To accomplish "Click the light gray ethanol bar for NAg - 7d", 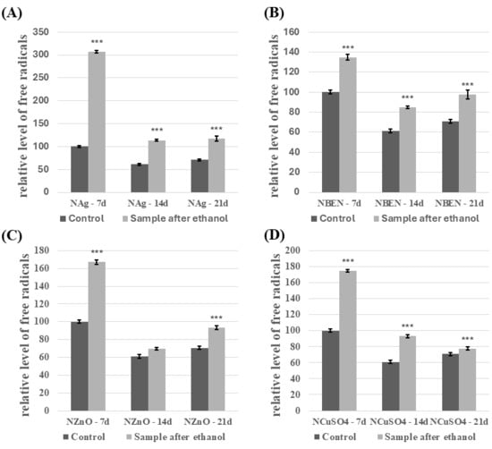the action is point(97,122).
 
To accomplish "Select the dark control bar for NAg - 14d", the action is point(140,178).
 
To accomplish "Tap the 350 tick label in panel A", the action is point(41,32).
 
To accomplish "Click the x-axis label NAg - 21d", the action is point(208,203).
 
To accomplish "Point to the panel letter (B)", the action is point(274,13).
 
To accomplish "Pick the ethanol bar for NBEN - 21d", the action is point(468,143).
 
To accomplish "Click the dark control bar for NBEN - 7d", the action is point(331,142).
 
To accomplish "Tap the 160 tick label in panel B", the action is point(292,32).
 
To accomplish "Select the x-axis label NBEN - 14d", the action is point(399,203).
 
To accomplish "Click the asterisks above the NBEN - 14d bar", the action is point(408,97).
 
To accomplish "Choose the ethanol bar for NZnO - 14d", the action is point(157,379).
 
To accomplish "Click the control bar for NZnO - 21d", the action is point(199,379).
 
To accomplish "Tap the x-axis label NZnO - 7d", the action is point(88,421).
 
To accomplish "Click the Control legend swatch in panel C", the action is point(66,436).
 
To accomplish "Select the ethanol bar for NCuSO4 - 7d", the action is point(348,341).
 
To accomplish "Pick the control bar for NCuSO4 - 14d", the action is point(391,386).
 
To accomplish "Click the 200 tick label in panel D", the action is point(292,250).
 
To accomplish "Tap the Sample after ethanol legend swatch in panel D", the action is point(379,436).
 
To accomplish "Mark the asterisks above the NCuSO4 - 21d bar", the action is point(468,339).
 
